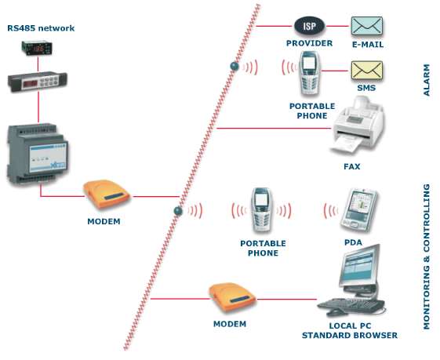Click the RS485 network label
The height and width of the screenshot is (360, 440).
[x=41, y=28]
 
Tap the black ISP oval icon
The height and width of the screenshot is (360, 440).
[x=308, y=26]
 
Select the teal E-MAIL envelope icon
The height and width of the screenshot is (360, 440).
[x=365, y=26]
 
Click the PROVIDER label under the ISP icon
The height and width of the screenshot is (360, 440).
[x=309, y=44]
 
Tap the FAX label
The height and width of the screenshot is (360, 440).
[x=351, y=166]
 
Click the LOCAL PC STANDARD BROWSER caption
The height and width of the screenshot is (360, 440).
[x=350, y=330]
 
